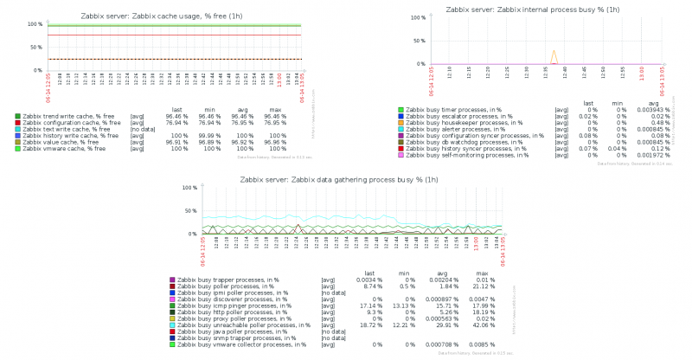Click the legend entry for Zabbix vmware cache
(x=64, y=149)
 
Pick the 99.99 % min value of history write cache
(x=208, y=136)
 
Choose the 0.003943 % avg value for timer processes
(x=651, y=110)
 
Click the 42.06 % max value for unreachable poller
(x=482, y=325)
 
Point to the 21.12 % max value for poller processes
(x=482, y=286)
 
